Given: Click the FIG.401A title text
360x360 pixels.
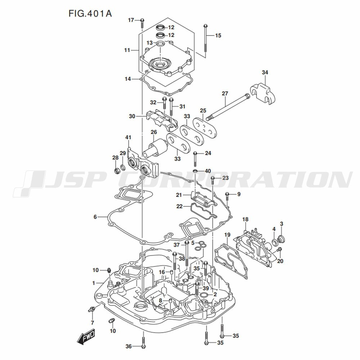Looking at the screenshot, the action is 90,14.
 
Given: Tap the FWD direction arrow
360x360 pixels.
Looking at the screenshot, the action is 86,337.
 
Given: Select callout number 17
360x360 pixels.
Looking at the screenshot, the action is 131,20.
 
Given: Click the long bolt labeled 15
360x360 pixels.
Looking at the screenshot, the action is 206,41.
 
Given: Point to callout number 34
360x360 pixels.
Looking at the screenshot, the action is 265,72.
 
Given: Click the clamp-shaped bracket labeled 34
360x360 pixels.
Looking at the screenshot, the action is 262,94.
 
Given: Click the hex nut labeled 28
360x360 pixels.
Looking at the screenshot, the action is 117,171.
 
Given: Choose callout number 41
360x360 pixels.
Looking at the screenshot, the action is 128,137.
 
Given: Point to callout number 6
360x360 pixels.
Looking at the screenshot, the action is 95,217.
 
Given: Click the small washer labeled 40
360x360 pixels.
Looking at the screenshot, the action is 195,171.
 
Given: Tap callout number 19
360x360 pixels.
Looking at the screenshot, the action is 227,235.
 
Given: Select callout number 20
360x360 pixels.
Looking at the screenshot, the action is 280,261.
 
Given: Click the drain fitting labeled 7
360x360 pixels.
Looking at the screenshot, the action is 92,309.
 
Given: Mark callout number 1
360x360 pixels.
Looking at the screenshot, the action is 94,283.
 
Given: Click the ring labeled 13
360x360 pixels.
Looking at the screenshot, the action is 160,43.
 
